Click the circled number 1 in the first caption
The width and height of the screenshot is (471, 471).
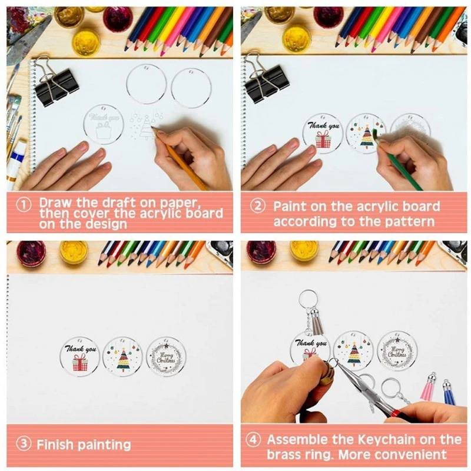click(x=24, y=204)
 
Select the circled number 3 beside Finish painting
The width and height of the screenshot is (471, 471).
click(x=24, y=444)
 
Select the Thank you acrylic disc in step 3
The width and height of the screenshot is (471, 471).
click(x=79, y=356)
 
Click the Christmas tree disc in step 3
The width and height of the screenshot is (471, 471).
click(x=122, y=356)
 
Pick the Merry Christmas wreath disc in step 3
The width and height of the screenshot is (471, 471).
click(x=166, y=356)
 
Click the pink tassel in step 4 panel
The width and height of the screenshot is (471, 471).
click(x=429, y=388)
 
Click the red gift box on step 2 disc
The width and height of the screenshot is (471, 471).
click(x=323, y=140)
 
